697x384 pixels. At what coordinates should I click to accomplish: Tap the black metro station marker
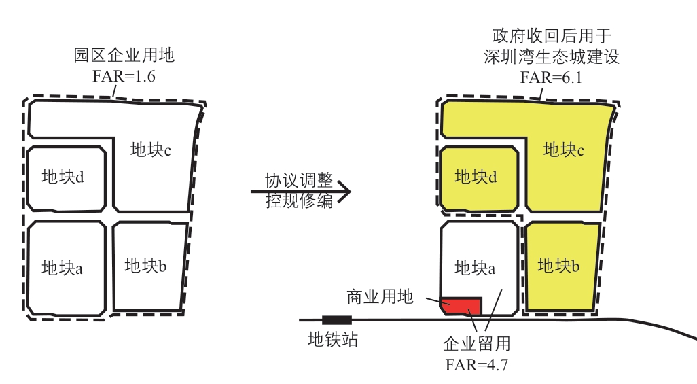click(x=336, y=319)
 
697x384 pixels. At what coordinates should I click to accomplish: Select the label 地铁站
click(x=333, y=338)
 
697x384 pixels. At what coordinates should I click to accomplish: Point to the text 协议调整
click(x=299, y=181)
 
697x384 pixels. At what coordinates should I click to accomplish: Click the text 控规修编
click(x=299, y=202)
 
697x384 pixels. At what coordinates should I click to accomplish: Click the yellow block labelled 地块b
click(x=561, y=266)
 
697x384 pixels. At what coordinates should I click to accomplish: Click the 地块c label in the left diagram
click(x=150, y=150)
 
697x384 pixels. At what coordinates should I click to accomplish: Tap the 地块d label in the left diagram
click(x=62, y=177)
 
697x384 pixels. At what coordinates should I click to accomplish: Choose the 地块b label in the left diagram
click(x=145, y=266)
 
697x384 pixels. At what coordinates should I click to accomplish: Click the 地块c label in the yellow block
click(x=564, y=150)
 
